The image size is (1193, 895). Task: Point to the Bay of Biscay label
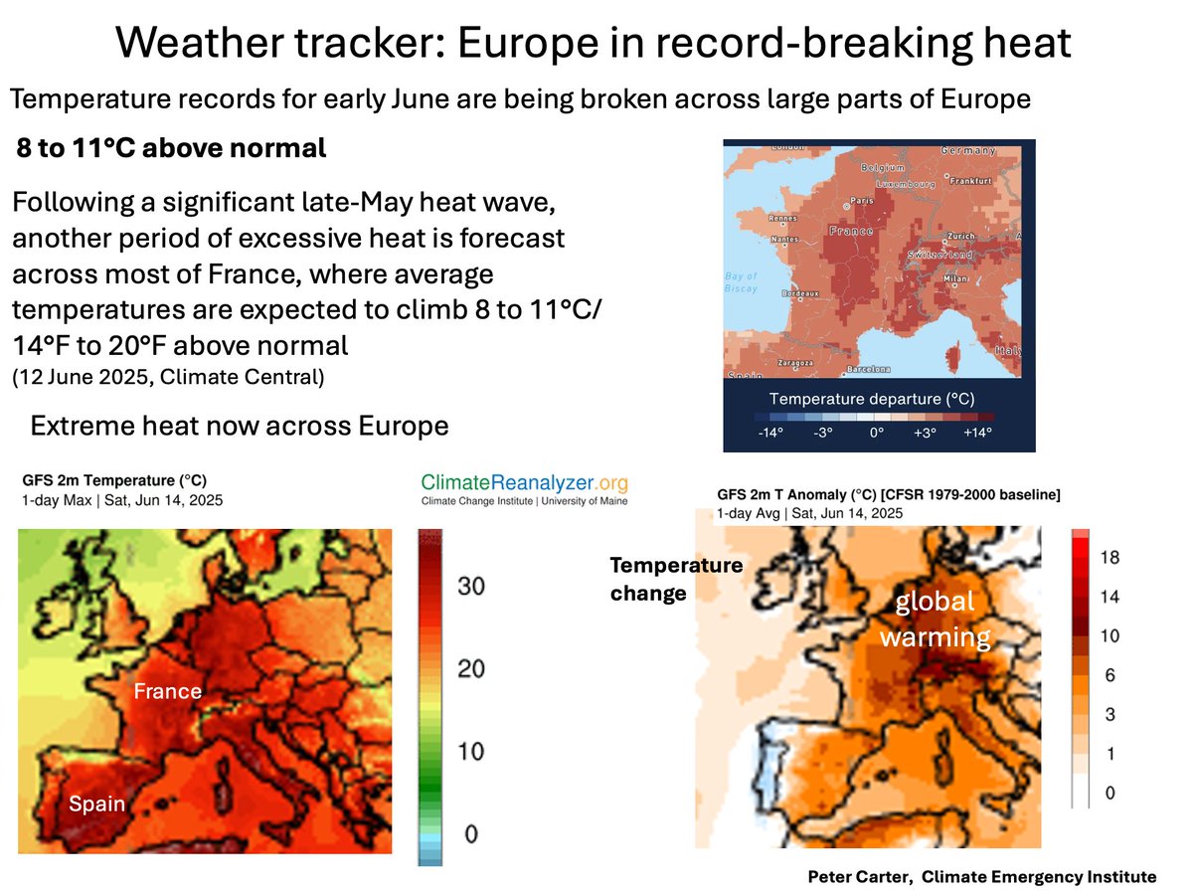741,281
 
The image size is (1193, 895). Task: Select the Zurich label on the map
962,237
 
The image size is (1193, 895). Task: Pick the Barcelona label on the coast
869,369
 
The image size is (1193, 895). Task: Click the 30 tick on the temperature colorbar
471,586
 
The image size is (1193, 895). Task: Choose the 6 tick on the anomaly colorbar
1110,675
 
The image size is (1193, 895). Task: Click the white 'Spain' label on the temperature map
97,804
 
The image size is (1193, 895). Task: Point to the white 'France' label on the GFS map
168,690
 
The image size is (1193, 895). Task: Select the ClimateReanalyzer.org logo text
525,482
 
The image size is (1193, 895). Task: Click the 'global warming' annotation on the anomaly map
935,618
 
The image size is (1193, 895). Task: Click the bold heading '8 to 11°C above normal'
171,149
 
